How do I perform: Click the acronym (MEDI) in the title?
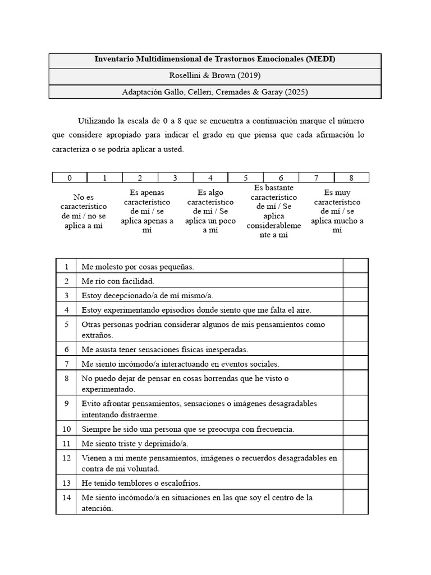[x=322, y=60]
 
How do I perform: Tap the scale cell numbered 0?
[x=70, y=178]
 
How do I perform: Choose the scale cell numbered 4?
[x=210, y=178]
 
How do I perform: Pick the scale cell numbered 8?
[x=351, y=178]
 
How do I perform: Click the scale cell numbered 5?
[x=246, y=178]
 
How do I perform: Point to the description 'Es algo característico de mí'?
[x=210, y=211]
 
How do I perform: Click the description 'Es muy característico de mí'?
[x=337, y=211]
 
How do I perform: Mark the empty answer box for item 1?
[x=355, y=267]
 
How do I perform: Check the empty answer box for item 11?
[x=355, y=443]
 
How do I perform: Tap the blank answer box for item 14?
[x=355, y=503]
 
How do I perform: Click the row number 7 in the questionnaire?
[x=66, y=364]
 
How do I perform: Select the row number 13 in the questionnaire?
[x=66, y=483]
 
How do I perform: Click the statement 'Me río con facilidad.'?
[x=117, y=281]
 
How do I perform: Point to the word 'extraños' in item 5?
[x=97, y=335]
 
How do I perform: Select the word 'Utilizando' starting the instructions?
[x=95, y=121]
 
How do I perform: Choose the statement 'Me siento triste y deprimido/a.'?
[x=134, y=443]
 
